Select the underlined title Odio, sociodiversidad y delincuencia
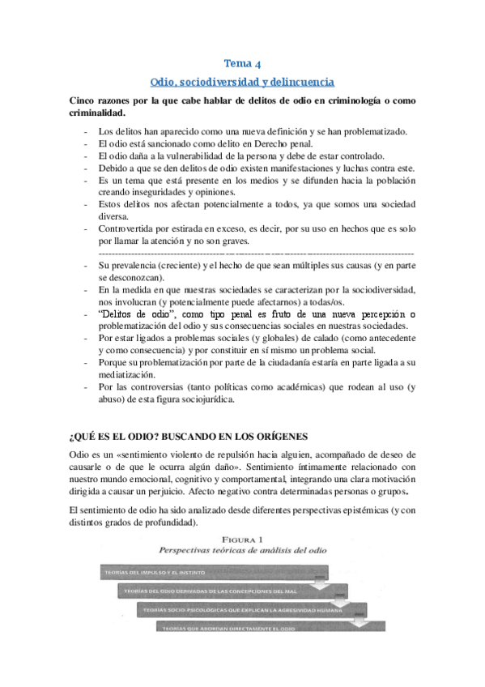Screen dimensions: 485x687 click(242, 83)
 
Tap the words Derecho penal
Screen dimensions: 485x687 click(259, 143)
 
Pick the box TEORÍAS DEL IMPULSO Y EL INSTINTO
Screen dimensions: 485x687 click(158, 574)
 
